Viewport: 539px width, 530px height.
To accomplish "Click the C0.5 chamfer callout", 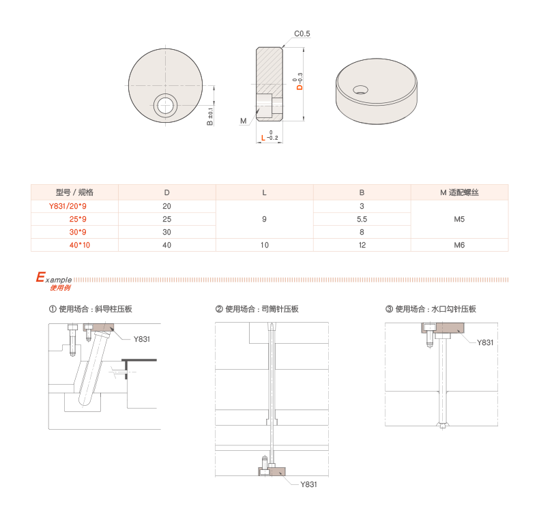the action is [302, 33].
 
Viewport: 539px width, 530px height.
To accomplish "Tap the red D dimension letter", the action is [300, 87].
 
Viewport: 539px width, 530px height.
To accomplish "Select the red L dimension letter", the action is [263, 138].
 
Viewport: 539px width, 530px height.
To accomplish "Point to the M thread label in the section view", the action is [244, 121].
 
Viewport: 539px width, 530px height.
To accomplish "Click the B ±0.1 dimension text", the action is [210, 117].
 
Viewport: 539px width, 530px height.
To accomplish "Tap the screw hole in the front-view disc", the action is [165, 105].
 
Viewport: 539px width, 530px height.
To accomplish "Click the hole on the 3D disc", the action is [361, 90].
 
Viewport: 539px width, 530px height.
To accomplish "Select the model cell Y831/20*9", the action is [68, 206].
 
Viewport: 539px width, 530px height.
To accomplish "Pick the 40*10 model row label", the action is [79, 245].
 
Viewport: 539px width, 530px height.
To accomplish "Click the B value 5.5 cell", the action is [362, 219].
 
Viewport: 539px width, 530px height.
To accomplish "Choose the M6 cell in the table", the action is [459, 245].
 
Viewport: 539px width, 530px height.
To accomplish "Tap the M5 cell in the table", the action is [459, 219].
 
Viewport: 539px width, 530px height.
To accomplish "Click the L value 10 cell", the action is [264, 245].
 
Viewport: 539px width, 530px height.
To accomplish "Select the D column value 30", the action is [166, 233].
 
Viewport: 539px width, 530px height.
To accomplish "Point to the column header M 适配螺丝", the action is [459, 192].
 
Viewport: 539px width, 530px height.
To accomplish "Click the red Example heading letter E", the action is [40, 277].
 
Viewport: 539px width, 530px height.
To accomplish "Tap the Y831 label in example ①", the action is [142, 339].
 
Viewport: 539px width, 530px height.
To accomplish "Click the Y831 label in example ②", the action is [308, 484].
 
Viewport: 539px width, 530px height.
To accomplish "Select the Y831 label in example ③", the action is [485, 342].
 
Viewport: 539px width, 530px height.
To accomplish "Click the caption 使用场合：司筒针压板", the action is [262, 309].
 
